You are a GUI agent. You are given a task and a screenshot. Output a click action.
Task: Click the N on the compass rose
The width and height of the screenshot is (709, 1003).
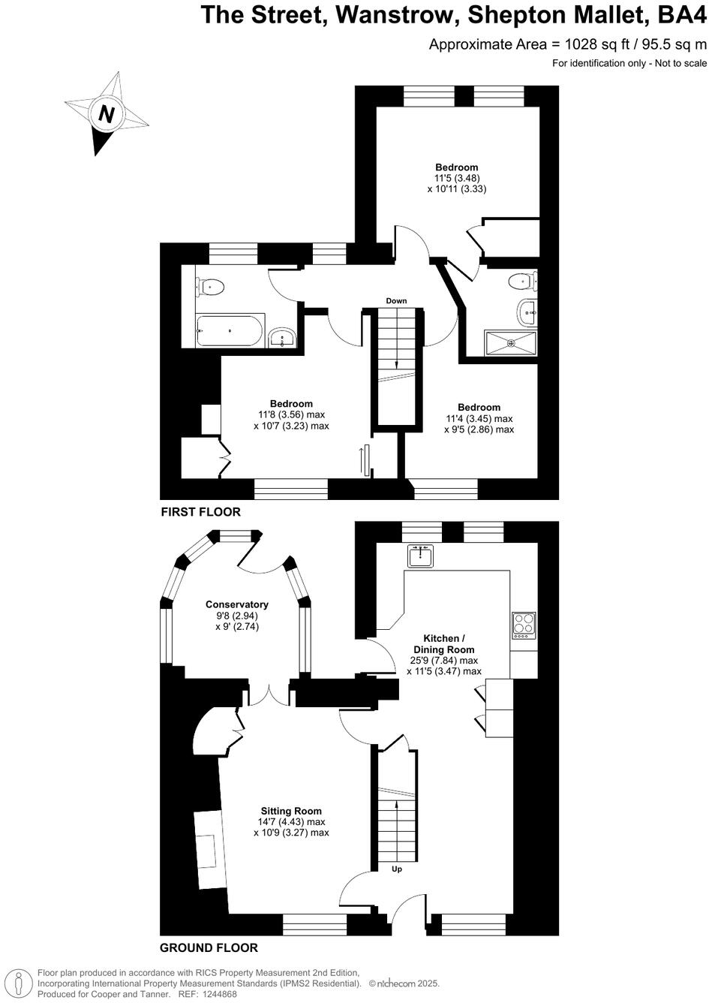[x=107, y=115]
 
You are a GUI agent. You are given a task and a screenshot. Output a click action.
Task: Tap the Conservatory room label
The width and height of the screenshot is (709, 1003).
[x=237, y=604]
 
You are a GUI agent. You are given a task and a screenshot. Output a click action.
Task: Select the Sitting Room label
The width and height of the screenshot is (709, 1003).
[x=291, y=811]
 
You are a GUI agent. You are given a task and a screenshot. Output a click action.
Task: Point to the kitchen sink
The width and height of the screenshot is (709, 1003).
[x=422, y=556]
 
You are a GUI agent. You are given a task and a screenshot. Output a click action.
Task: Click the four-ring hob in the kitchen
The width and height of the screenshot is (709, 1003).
[x=524, y=625]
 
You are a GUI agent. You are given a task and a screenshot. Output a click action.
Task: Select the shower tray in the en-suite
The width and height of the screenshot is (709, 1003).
[x=511, y=343]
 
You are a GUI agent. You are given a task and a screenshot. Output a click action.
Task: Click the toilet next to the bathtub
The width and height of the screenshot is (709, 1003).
[x=211, y=286]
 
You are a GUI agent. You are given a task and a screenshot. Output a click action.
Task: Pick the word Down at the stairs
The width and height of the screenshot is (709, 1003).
[x=396, y=301]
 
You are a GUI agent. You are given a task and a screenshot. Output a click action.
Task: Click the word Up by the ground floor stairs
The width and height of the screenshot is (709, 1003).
[x=397, y=869]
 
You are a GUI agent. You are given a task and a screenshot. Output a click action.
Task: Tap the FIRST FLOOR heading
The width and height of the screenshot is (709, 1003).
[x=201, y=512]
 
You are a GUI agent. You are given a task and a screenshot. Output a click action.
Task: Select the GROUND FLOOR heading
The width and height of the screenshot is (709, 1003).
[x=209, y=947]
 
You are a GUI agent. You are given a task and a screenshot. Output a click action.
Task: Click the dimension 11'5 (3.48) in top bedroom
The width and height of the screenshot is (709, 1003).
[x=457, y=178]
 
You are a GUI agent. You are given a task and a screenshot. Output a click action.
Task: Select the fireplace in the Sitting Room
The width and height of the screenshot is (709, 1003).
[x=210, y=851]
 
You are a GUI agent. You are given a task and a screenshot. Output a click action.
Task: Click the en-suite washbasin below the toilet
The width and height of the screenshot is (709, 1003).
[x=527, y=310]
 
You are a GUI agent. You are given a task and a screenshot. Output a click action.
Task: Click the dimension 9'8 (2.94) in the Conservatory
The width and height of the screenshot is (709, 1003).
[x=237, y=616]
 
